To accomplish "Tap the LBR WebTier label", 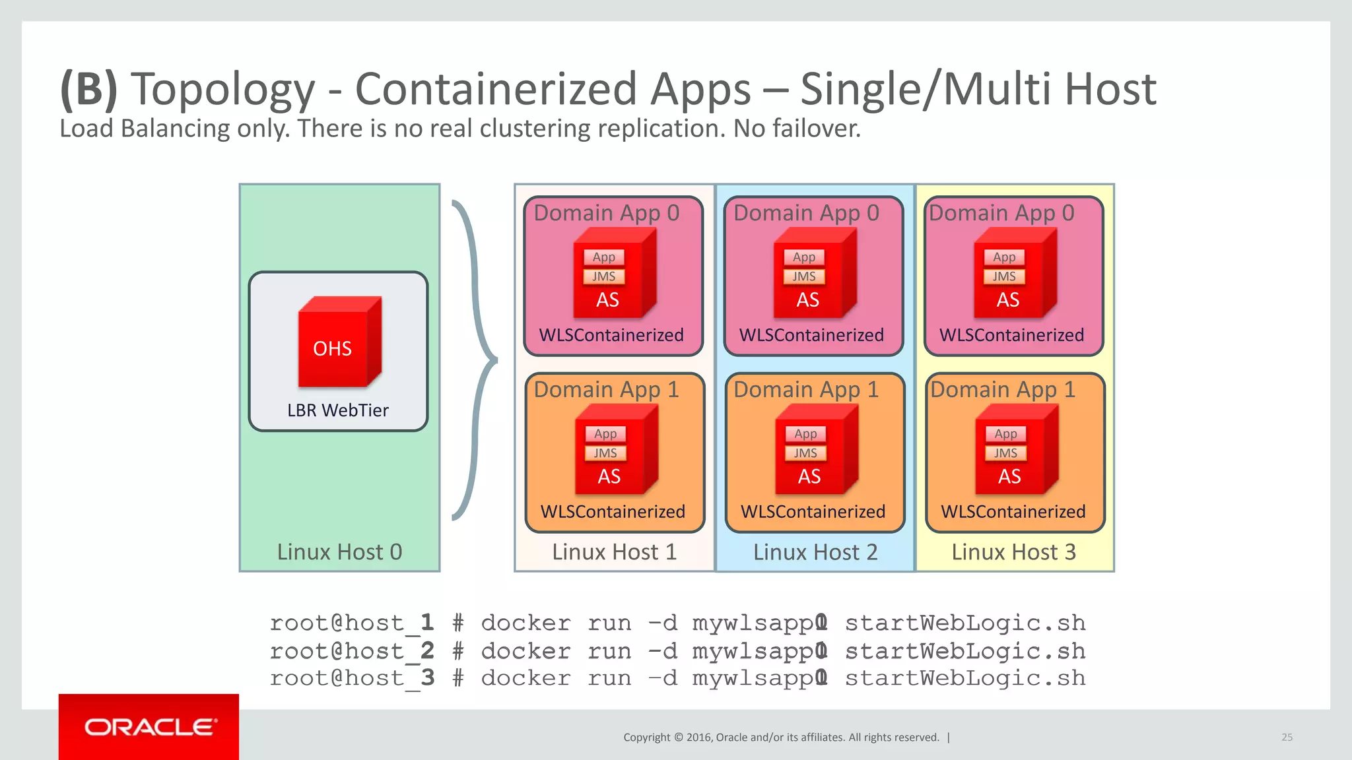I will [337, 410].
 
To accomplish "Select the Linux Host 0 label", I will [339, 552].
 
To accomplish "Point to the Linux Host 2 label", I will [815, 552].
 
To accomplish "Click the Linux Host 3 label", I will [1013, 552].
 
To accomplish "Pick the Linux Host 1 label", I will [614, 552].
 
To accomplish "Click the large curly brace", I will [475, 360].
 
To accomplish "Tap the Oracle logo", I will [149, 727].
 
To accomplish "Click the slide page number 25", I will [1287, 737].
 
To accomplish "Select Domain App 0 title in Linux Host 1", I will [606, 213].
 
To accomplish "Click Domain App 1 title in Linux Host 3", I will [1002, 390].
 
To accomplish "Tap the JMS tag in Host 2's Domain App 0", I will [803, 276].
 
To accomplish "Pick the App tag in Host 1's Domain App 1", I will [605, 434].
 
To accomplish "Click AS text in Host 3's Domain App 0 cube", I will [1007, 300].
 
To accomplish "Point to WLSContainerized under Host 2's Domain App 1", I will [813, 512].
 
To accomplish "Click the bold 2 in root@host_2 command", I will [427, 650].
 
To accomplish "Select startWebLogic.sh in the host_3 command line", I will [964, 678].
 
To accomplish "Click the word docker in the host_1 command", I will [525, 623].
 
